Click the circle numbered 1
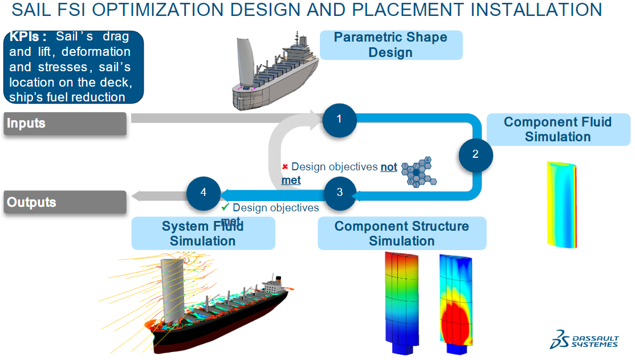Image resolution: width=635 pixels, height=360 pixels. coord(339,119)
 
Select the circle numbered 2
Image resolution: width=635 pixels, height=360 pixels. coord(475,153)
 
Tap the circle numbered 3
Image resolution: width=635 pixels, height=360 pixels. coord(340,192)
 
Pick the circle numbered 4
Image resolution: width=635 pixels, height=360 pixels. coord(203,192)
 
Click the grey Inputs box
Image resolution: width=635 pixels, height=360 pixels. coord(65,124)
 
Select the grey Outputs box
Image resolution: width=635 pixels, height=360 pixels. coord(65,202)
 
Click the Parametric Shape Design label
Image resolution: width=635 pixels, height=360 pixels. coord(390,45)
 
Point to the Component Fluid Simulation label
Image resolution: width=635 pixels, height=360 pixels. coord(557,129)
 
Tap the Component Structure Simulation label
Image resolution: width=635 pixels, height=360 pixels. coord(402,233)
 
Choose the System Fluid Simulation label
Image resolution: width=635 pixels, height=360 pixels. coord(203,233)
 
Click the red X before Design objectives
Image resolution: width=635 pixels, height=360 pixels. coord(286,167)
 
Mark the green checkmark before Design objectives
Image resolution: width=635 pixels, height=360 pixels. coord(226,207)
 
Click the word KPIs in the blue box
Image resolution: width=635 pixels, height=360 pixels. coord(28,37)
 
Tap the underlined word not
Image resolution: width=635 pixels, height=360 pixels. coord(389,167)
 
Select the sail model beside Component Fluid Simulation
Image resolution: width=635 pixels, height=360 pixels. coord(562,203)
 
